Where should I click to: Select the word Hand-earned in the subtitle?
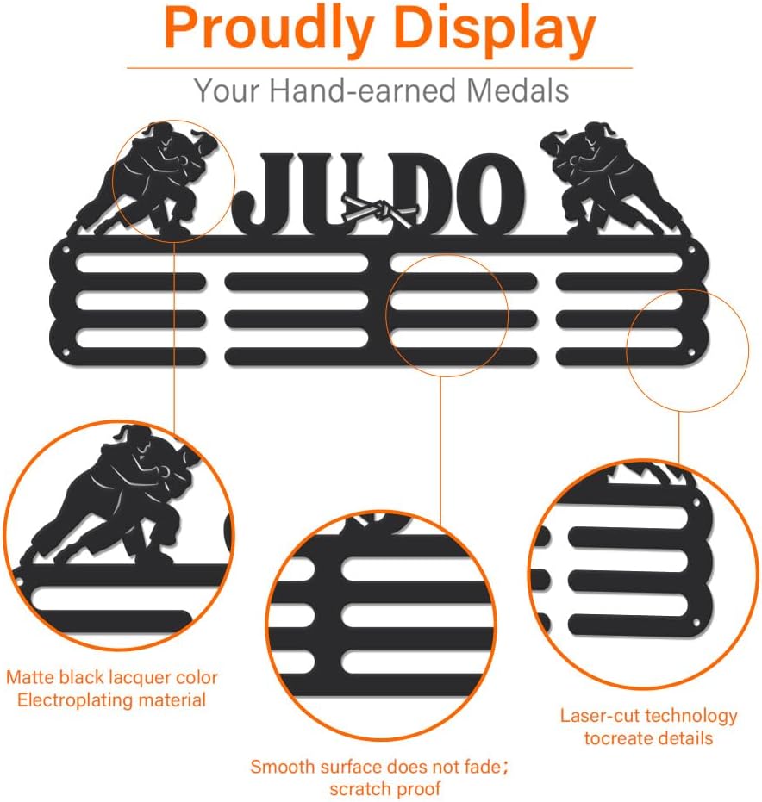pyautogui.click(x=361, y=90)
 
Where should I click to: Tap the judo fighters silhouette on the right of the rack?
pyautogui.click(x=603, y=177)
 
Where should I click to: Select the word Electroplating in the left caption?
pyautogui.click(x=66, y=699)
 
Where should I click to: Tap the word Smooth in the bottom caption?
pyautogui.click(x=280, y=766)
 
